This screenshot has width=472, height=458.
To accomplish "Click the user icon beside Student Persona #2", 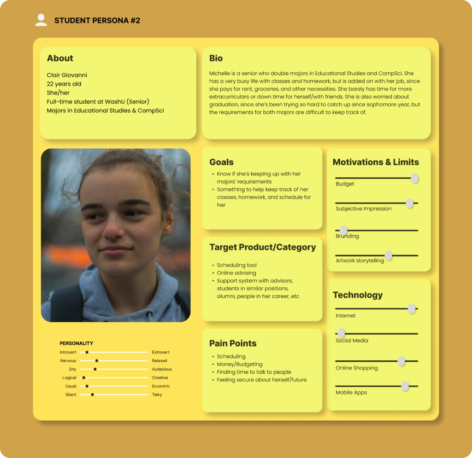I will [x=41, y=20].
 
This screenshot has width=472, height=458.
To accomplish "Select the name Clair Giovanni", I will [x=67, y=75].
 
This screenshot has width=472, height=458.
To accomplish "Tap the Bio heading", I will [x=216, y=58].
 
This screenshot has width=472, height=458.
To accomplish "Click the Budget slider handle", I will [x=414, y=178].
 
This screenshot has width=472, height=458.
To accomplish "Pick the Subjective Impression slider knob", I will [x=409, y=203].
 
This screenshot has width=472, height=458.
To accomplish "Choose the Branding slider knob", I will [x=343, y=231].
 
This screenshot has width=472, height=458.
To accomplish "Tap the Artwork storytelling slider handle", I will [x=389, y=255].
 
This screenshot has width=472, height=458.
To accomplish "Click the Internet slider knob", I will [x=412, y=309].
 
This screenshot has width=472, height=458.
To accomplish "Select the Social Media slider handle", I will [x=341, y=333].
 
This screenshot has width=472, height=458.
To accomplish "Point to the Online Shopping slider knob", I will [x=401, y=361].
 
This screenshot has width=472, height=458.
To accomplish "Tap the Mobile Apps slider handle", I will [x=405, y=386].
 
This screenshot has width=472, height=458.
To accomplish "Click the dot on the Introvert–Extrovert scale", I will [x=87, y=352].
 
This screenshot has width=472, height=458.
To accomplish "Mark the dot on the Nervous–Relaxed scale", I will [x=97, y=361].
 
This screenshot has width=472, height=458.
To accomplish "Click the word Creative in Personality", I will [x=160, y=378].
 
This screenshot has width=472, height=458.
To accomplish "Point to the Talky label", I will [x=157, y=395].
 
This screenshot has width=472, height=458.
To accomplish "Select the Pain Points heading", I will [x=233, y=343].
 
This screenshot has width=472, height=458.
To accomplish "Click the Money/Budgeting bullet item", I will [x=240, y=364].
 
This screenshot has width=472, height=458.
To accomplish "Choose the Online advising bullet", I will [x=236, y=273].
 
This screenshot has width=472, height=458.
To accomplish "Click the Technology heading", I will [x=358, y=295].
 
